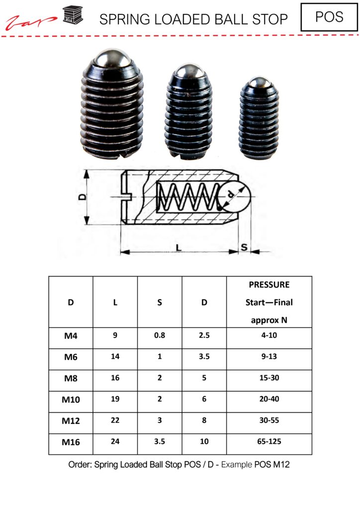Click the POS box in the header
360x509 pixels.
point(329,17)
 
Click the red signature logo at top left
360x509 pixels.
point(31,21)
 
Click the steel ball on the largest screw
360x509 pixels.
point(113,58)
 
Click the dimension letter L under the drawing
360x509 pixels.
point(178,246)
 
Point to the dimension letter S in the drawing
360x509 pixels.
point(245,247)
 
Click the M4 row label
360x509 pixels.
point(71,336)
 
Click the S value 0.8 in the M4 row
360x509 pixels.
point(160,336)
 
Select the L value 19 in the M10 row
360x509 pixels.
point(115,399)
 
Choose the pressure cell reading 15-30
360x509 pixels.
point(269,378)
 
